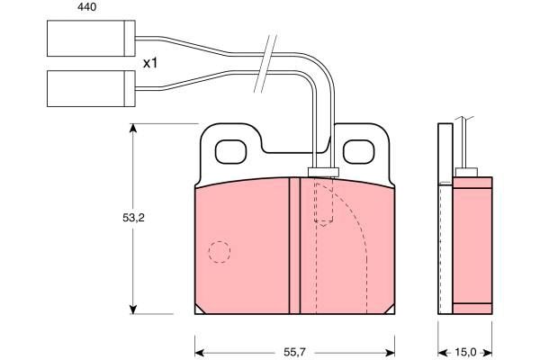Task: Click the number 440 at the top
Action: coord(86,7)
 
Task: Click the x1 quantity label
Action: coord(150,63)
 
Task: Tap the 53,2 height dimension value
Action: coord(133,218)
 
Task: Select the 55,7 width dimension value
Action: coord(294,352)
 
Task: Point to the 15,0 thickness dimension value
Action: coord(465,352)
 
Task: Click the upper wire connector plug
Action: coord(91,38)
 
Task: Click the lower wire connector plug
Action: coord(91,88)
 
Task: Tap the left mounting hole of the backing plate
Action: coord(230,151)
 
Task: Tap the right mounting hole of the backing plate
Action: coord(358,151)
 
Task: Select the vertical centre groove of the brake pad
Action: coord(294,246)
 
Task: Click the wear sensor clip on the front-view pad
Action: coord(323,172)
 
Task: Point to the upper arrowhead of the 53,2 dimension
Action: coord(133,128)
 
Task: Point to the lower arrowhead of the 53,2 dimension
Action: coord(133,310)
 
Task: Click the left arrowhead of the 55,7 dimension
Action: coord(200,353)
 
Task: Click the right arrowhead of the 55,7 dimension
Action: coord(390,353)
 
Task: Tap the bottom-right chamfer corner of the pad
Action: coord(391,310)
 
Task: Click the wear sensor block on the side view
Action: coord(466,172)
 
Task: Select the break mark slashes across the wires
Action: coord(265,63)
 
